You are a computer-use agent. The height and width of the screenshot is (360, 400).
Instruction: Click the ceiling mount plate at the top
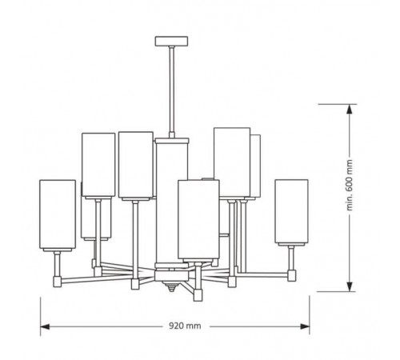click(171, 41)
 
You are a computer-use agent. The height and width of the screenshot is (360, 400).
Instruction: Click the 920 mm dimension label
click(185, 326)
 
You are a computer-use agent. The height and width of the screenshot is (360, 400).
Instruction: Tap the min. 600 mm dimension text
click(350, 185)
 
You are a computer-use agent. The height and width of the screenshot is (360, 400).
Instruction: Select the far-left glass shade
click(58, 214)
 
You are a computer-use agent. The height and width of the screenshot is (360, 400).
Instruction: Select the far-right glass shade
click(292, 211)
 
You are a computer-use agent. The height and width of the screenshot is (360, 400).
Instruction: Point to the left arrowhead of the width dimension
click(45, 326)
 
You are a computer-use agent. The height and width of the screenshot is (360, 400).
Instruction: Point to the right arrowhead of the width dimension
click(305, 326)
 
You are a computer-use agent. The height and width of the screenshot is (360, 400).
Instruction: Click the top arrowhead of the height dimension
click(350, 110)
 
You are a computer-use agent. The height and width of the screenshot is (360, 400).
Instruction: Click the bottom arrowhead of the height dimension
click(350, 286)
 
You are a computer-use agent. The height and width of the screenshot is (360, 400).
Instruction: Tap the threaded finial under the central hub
click(171, 287)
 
